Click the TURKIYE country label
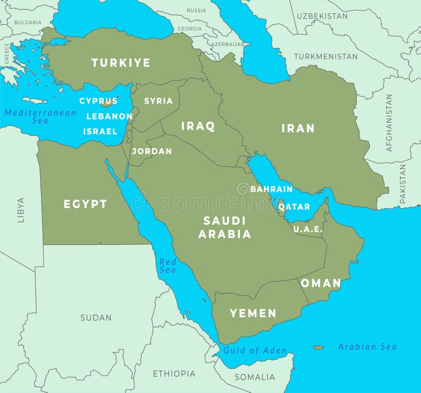(121, 63)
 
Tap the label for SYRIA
(158, 101)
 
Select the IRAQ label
(198, 126)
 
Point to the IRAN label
(298, 128)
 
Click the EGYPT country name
(85, 204)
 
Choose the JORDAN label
(152, 151)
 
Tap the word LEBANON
(109, 116)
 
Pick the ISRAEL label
(100, 131)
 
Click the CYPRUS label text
(98, 101)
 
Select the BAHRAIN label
(272, 189)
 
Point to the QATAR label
(294, 207)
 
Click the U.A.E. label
(307, 229)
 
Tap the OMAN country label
(320, 283)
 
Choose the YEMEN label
(253, 313)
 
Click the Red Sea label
(167, 266)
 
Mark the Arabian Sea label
(367, 346)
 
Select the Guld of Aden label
(255, 350)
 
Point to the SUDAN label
(96, 318)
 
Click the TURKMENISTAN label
(326, 56)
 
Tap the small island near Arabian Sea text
(318, 347)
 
